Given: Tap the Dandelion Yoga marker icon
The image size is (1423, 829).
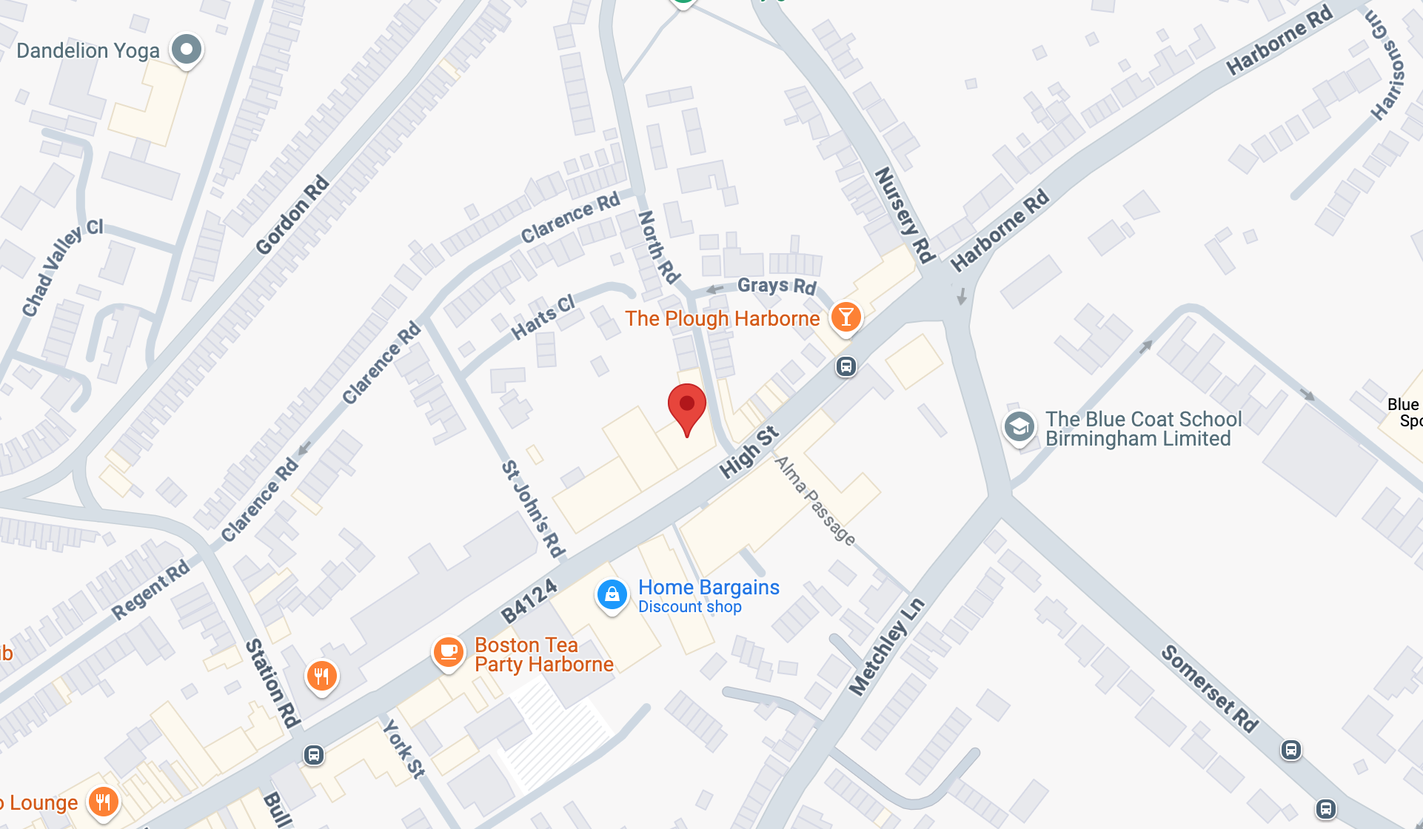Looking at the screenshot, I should (x=186, y=50).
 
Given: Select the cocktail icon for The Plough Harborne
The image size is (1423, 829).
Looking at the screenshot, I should (x=846, y=317).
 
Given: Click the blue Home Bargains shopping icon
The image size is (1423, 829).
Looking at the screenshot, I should (x=612, y=594).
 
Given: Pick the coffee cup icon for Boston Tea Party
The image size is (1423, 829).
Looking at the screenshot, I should (x=448, y=652).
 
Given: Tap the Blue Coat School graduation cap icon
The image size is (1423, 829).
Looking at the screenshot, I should (x=1019, y=427).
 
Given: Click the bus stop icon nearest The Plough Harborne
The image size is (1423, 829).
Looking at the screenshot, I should (x=846, y=366).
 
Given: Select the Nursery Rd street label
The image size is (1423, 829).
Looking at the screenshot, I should (x=903, y=215).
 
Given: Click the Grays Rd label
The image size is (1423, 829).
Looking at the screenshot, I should (x=777, y=286).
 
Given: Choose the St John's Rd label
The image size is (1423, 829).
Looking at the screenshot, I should (x=533, y=509).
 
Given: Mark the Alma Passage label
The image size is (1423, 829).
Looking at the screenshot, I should (x=814, y=500).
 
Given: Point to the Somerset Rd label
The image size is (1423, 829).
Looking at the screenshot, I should (x=1209, y=688).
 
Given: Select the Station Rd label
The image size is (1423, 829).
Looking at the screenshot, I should (x=272, y=682).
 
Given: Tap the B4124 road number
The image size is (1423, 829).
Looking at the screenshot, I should (x=529, y=601).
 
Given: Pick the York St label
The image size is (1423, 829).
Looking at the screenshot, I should (x=404, y=750).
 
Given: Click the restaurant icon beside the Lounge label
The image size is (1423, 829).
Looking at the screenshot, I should (x=103, y=802).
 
